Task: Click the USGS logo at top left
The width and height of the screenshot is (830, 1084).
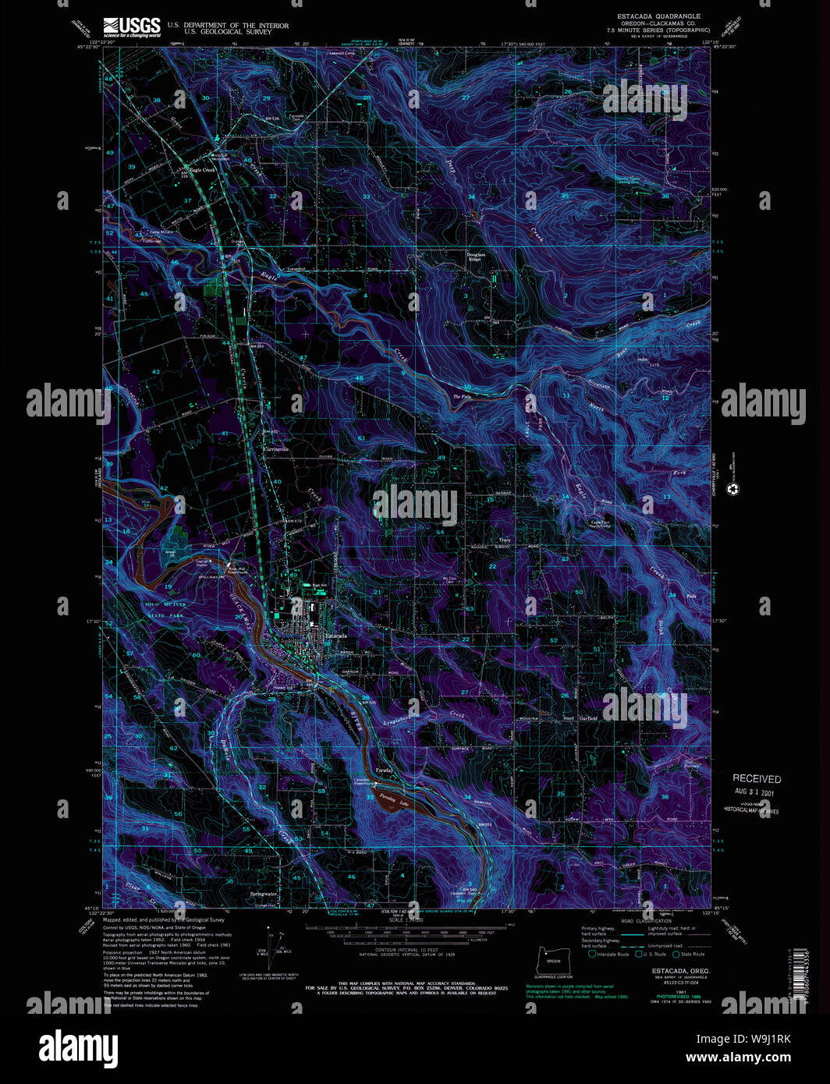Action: coord(131,27)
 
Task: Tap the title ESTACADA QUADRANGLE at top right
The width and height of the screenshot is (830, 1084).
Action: coord(658,16)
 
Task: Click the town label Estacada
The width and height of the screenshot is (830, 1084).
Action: coord(335,637)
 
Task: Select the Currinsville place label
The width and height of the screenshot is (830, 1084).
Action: coord(275,449)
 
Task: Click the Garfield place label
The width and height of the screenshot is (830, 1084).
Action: coord(587,718)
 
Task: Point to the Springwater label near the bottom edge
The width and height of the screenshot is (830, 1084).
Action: coord(263,894)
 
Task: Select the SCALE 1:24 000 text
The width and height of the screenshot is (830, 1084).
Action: coord(406,920)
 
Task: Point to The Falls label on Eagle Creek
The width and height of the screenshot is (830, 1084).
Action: coord(463,397)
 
